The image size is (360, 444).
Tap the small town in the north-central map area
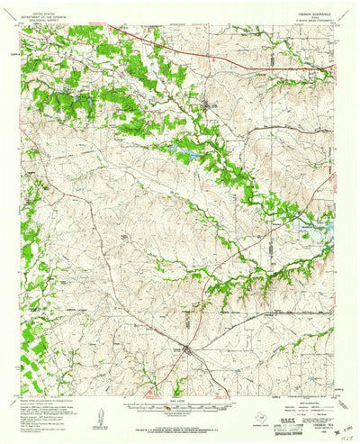click(209, 106)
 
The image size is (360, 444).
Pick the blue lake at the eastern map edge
click(315, 230)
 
